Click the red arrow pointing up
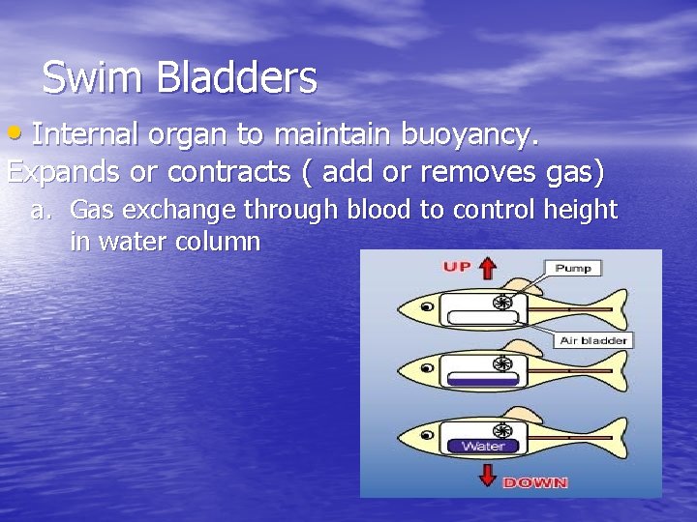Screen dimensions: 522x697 point(487,268)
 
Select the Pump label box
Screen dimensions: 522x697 point(573,268)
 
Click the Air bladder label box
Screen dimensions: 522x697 point(593,340)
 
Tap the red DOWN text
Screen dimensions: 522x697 point(535,481)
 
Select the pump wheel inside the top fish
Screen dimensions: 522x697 point(501,303)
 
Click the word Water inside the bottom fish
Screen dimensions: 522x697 point(481,446)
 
